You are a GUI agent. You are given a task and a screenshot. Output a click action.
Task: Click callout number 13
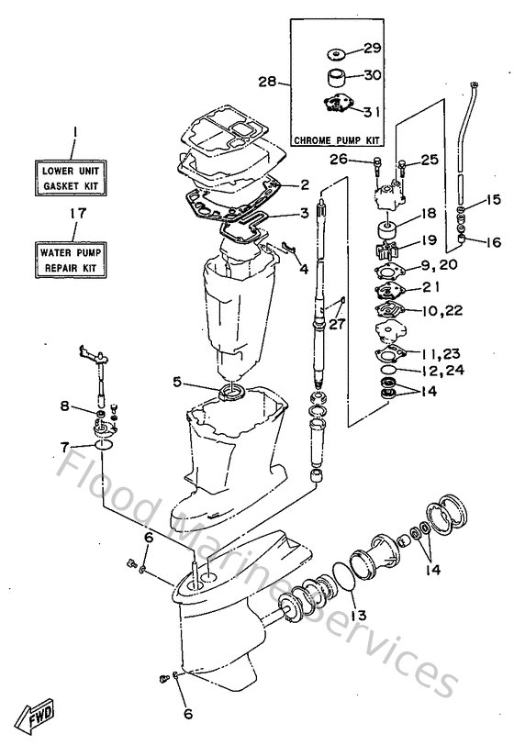356,614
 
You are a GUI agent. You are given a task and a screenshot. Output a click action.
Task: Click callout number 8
65,405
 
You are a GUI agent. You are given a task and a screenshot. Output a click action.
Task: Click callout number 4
304,269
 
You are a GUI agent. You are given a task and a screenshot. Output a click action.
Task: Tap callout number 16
495,242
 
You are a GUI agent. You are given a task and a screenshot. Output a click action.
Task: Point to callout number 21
432,287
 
